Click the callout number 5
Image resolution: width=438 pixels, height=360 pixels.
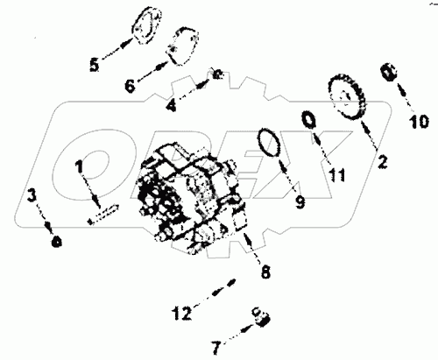pos(95,65)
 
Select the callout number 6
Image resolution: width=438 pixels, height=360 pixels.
pos(130,86)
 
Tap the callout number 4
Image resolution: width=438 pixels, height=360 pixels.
pos(172,105)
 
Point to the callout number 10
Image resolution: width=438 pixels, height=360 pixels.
pos(419,121)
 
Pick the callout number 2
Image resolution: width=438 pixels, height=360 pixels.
pos(382,162)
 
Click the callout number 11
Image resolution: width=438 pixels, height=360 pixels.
pos(337,175)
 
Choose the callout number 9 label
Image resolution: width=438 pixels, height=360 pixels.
pos(300,202)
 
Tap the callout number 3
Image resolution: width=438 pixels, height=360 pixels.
pos(32,195)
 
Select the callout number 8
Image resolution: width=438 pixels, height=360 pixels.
pos(265,272)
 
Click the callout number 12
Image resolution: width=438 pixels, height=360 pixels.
pos(181,313)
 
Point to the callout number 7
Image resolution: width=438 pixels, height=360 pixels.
pos(215,347)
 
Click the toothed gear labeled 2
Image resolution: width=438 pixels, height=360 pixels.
pos(347,96)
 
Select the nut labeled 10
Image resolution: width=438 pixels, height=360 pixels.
pos(388,72)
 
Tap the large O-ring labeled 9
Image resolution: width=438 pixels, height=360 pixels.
pos(270,143)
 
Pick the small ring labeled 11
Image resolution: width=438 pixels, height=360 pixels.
pos(308,119)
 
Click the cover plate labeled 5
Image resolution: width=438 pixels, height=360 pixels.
pos(147,26)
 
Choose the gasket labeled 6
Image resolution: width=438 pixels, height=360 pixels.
pos(182,46)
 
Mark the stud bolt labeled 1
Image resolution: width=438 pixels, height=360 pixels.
pos(103,214)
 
